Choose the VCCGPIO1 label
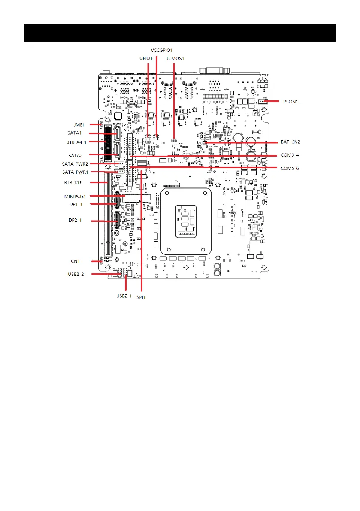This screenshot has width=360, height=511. [162, 50]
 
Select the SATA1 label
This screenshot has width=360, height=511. [75, 133]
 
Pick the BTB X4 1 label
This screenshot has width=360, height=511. [77, 142]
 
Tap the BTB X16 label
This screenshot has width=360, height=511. [77, 182]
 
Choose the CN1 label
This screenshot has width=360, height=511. [76, 261]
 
